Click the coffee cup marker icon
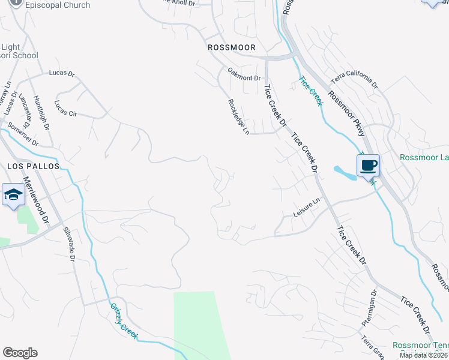coord(368,165)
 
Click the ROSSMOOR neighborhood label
coord(231,47)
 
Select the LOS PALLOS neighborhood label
coord(33,166)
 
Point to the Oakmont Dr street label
coord(244,74)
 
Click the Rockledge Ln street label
coord(238,116)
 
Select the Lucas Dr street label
coord(61,74)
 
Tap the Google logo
coord(20,353)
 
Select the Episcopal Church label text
coord(60,5)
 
